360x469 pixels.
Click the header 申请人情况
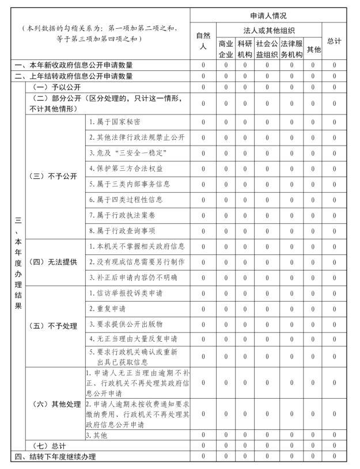268,16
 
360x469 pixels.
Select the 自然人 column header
203,41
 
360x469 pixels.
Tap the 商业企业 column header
226,49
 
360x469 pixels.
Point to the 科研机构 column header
245,49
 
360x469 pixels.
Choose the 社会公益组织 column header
267,49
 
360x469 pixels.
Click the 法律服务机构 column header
292,49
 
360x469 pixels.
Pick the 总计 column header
334,41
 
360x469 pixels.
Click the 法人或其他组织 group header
268,29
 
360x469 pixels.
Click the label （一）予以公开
56,86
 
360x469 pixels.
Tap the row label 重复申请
107,308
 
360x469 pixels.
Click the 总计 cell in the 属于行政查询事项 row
334,231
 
